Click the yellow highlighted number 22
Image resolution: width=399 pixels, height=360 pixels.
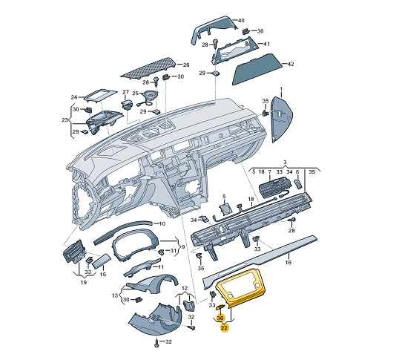(224, 327)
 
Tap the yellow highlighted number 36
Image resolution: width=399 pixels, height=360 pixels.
(220, 318)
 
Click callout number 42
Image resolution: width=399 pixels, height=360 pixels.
(290, 64)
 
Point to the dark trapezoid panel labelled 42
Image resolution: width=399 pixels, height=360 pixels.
(257, 69)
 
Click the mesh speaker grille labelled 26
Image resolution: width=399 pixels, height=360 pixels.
(148, 68)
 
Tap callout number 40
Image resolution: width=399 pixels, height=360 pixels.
(241, 20)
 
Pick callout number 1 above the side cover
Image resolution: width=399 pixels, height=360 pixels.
(281, 89)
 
